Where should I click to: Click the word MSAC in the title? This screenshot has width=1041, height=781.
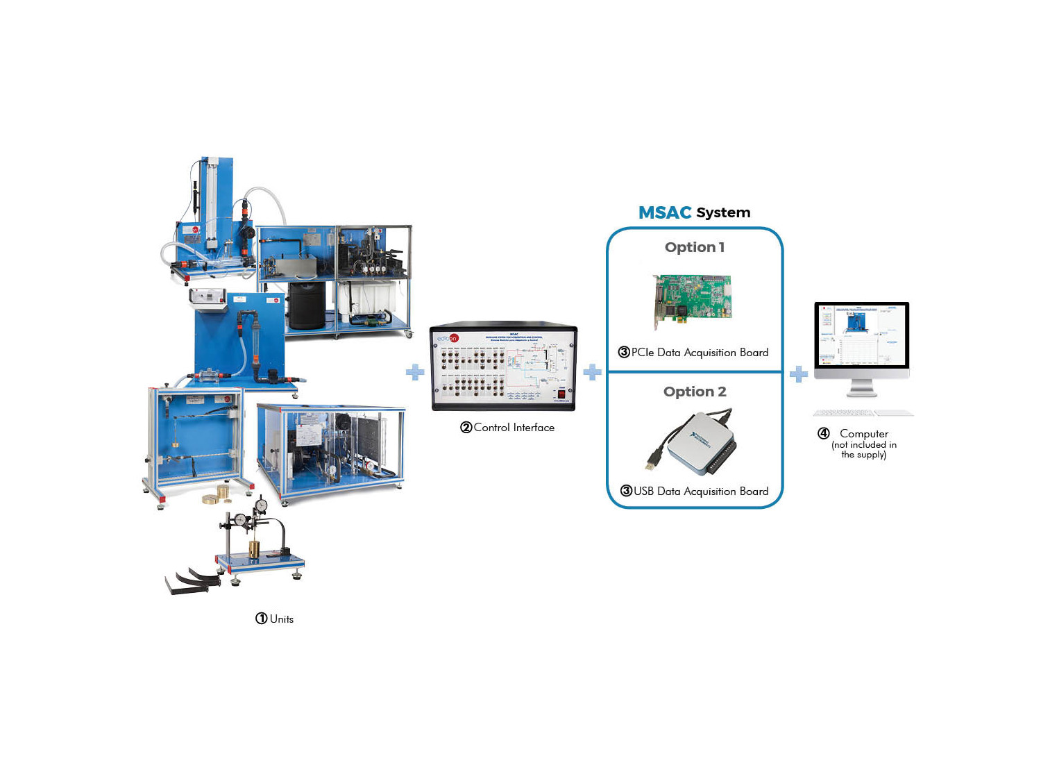[664, 212]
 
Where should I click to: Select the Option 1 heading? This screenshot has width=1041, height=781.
[694, 247]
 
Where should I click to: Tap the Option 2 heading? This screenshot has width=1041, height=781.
[694, 392]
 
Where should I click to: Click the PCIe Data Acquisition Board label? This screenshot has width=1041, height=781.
[700, 353]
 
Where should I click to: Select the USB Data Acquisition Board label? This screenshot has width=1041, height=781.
[700, 492]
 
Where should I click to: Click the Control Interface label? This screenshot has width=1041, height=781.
[514, 428]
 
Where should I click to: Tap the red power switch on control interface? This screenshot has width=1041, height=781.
[561, 394]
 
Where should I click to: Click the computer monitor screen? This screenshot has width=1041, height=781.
[861, 335]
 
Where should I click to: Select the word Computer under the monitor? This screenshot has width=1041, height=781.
[863, 434]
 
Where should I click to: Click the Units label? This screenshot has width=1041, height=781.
[282, 619]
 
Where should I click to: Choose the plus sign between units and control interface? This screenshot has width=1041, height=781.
[415, 372]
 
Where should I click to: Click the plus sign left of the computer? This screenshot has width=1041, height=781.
[799, 374]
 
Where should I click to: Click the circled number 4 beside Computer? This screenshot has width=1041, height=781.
[824, 434]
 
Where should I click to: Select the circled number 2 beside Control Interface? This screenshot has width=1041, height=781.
[466, 428]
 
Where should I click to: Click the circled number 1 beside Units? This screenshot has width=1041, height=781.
[261, 619]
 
